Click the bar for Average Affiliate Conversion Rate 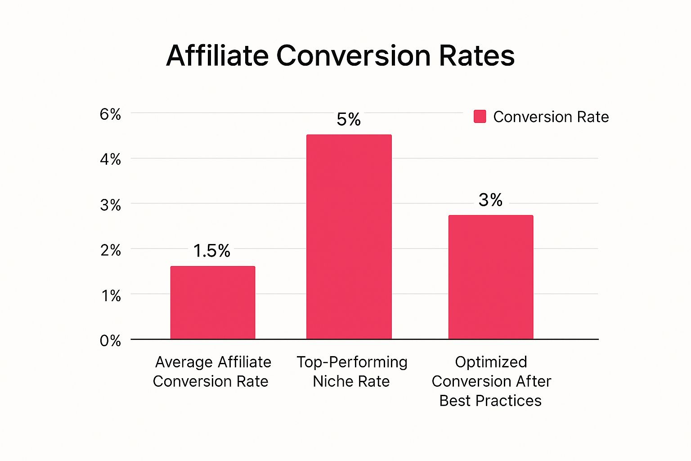click(x=213, y=303)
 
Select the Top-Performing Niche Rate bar click(x=349, y=237)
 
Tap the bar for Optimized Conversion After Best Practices click(x=491, y=277)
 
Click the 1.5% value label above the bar click(x=212, y=251)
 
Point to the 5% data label click(x=349, y=119)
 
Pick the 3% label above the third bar click(x=490, y=200)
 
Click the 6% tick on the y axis click(x=111, y=114)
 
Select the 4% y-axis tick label click(x=111, y=159)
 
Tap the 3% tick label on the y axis click(x=111, y=205)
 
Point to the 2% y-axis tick click(x=111, y=250)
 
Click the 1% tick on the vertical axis click(x=111, y=296)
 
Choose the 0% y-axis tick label click(x=111, y=341)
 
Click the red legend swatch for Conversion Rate click(x=480, y=117)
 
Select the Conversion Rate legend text click(x=551, y=117)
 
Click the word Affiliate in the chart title click(x=217, y=56)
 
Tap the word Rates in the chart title click(x=477, y=56)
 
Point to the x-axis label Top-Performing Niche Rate click(x=352, y=371)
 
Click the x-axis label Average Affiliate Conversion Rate click(x=212, y=371)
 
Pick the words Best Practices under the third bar click(x=490, y=401)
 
